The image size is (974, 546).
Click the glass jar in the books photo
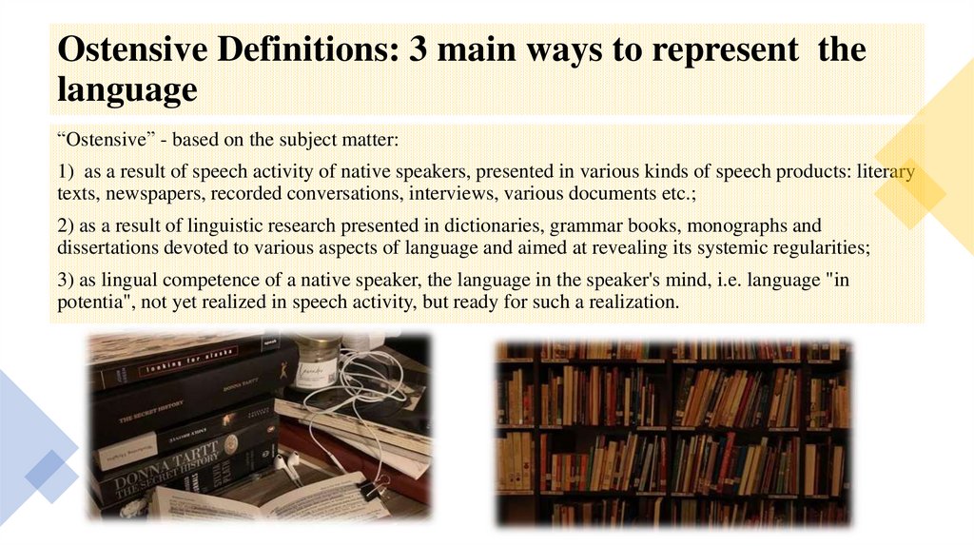tap(316, 361)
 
